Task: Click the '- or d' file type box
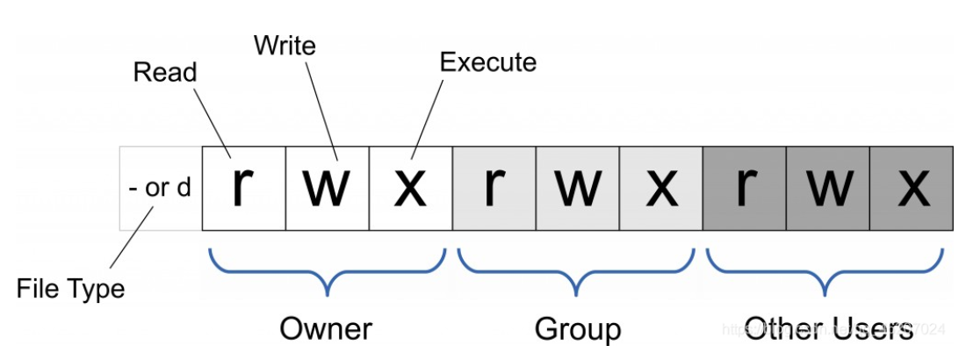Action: tap(161, 188)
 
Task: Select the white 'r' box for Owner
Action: tap(243, 188)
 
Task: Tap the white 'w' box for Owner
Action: tap(327, 188)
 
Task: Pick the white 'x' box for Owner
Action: tap(410, 188)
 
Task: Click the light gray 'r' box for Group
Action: tap(494, 188)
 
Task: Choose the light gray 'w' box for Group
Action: tap(577, 188)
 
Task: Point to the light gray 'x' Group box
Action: tap(660, 188)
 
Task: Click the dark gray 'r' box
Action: tap(744, 188)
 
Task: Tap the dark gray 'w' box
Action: tap(827, 188)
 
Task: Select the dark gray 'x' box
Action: tap(911, 188)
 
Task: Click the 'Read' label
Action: tap(165, 72)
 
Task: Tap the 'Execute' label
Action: tap(487, 62)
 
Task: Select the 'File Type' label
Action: tap(70, 288)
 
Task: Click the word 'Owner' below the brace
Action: tap(326, 328)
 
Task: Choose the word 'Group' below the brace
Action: tap(577, 328)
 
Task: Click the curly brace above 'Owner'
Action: tap(327, 272)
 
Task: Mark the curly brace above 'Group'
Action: tap(577, 272)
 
